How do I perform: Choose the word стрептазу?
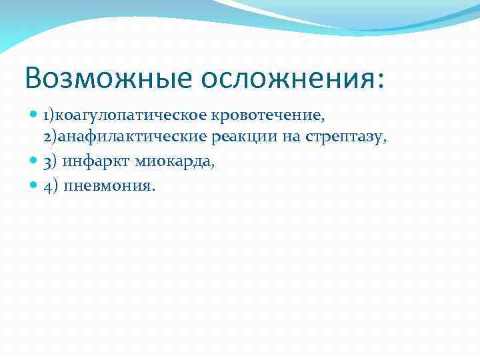pyautogui.click(x=339, y=139)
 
